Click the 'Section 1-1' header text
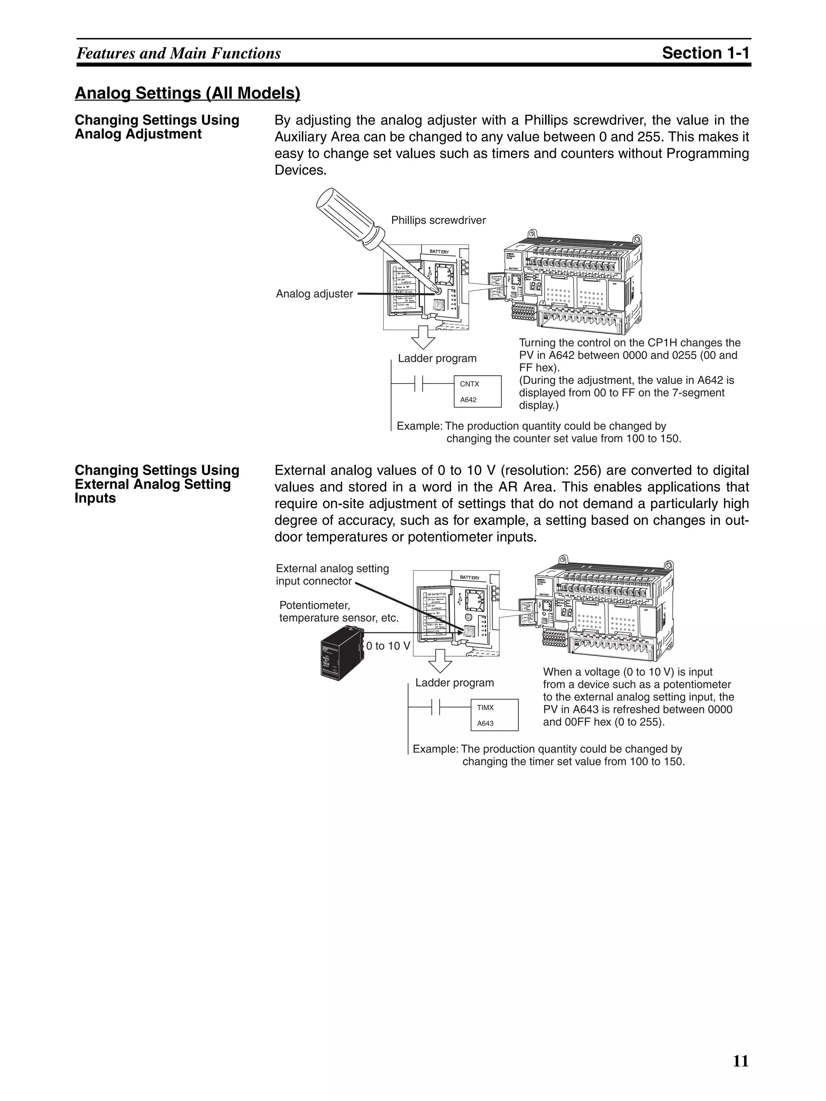[705, 53]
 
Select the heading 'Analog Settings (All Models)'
[187, 93]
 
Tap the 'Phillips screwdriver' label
[438, 220]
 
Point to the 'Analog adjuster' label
[314, 294]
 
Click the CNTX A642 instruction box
[478, 391]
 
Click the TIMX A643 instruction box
[494, 715]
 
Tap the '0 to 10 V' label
[388, 646]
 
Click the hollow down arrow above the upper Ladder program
[423, 338]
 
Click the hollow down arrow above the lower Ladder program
[440, 661]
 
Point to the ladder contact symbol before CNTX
[419, 384]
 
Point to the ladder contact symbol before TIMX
[436, 707]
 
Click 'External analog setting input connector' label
[332, 575]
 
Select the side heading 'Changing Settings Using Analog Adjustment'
[157, 127]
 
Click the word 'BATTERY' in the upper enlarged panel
[439, 252]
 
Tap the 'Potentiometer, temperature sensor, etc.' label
[339, 612]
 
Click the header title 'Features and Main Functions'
[179, 53]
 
